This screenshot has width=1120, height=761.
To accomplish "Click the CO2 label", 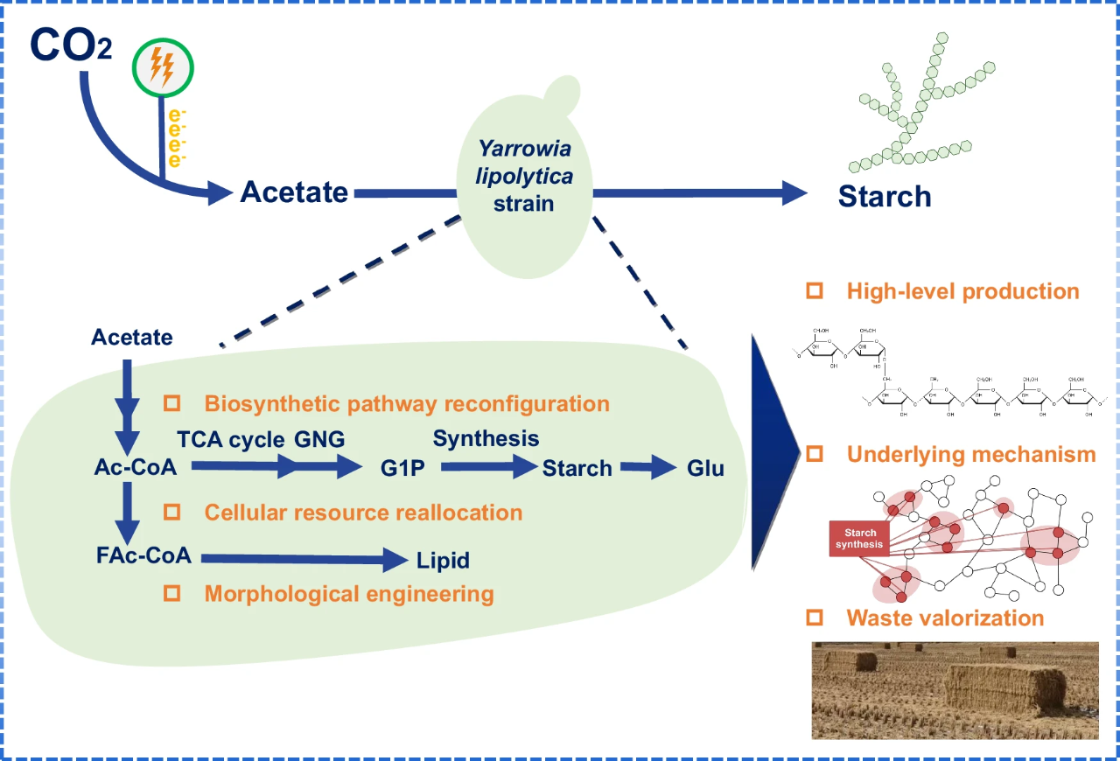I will pyautogui.click(x=71, y=45).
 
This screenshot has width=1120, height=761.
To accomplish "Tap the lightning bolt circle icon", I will pyautogui.click(x=163, y=66).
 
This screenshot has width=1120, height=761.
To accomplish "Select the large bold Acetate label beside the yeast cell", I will pyautogui.click(x=294, y=192).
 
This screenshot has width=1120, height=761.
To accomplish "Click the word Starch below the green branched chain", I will pyautogui.click(x=884, y=196).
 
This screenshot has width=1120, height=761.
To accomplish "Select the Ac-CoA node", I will pyautogui.click(x=136, y=468).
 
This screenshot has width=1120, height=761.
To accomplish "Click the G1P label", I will pyautogui.click(x=402, y=469).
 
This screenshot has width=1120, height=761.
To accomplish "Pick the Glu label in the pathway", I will pyautogui.click(x=705, y=469).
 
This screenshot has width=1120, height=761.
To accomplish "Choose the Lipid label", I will pyautogui.click(x=443, y=561).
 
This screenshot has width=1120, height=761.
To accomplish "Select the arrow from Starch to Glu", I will pyautogui.click(x=649, y=468).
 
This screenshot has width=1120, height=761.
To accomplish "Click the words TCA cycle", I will pyautogui.click(x=232, y=439).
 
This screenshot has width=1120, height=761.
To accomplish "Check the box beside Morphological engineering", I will pyautogui.click(x=172, y=593).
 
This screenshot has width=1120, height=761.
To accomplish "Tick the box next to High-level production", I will pyautogui.click(x=815, y=290).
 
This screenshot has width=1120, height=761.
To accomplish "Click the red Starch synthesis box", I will pyautogui.click(x=860, y=538).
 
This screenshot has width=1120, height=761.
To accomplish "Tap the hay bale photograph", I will pyautogui.click(x=955, y=690).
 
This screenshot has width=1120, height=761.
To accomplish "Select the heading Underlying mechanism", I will pyautogui.click(x=970, y=454).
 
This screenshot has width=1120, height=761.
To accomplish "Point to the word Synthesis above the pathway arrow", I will pyautogui.click(x=486, y=437).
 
